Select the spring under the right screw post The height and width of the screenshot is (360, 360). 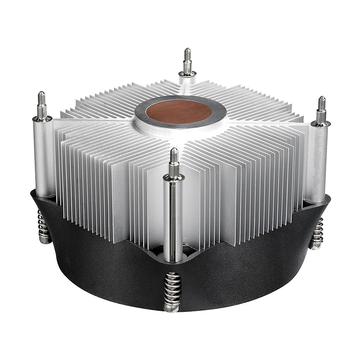317,232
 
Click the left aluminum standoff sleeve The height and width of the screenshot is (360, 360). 44,157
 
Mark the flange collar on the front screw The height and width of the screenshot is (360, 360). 174,177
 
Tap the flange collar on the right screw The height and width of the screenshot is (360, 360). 321,123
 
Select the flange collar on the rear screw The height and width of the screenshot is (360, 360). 187,73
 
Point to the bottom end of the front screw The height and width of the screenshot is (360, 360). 172,309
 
